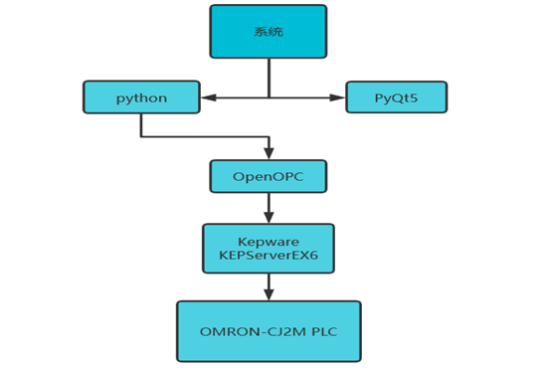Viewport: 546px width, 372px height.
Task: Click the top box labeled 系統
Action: (268, 32)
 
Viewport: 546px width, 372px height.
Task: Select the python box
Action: (141, 97)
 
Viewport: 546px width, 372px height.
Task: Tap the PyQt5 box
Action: (396, 97)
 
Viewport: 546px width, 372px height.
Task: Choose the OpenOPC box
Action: (268, 176)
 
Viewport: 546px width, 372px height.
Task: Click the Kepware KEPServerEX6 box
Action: (268, 248)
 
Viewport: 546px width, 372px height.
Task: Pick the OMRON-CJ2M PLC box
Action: (268, 330)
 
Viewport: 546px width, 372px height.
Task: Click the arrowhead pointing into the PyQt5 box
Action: (338, 97)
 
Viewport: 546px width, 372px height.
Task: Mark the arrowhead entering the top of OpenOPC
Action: (268, 154)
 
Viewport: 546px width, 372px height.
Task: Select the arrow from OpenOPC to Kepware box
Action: (268, 207)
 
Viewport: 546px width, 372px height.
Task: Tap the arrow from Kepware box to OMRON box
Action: (268, 286)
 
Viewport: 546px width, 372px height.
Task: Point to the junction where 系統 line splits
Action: (268, 97)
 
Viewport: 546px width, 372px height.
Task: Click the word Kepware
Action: (268, 241)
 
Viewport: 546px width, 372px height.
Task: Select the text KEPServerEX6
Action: (268, 255)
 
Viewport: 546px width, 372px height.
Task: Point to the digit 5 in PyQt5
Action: (417, 97)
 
